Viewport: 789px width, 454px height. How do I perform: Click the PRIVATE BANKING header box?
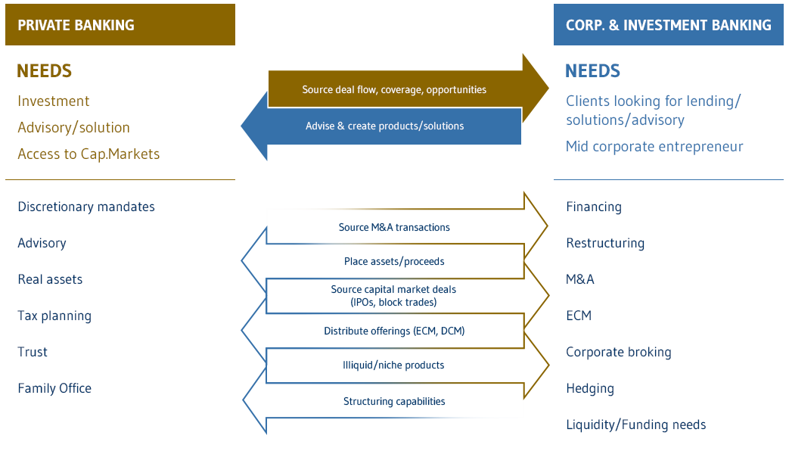click(120, 25)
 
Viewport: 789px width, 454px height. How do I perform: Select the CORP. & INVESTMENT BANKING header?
click(669, 25)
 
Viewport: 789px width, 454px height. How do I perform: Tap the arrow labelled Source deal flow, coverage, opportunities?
click(394, 89)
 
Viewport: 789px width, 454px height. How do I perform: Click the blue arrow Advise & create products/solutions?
click(384, 126)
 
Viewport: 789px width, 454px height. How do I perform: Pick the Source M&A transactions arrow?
click(394, 227)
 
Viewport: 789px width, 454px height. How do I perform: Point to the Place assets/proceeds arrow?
click(394, 262)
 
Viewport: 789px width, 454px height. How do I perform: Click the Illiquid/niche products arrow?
click(394, 365)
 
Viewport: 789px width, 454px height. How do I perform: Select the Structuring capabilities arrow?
click(394, 402)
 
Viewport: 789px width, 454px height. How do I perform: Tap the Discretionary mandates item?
click(86, 207)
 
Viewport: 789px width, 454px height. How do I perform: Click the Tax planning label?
click(54, 316)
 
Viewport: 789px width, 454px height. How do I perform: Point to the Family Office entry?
click(54, 388)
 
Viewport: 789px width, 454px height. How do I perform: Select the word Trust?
click(33, 352)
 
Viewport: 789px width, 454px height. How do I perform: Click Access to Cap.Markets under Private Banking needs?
click(89, 154)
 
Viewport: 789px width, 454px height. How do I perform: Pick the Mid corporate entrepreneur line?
click(654, 146)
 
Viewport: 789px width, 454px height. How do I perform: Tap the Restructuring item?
click(605, 243)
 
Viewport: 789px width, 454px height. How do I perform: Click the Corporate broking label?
click(618, 352)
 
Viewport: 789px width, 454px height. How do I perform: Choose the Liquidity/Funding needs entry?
click(635, 424)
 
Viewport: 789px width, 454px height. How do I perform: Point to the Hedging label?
click(590, 388)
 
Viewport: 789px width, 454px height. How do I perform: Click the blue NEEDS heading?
click(592, 71)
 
